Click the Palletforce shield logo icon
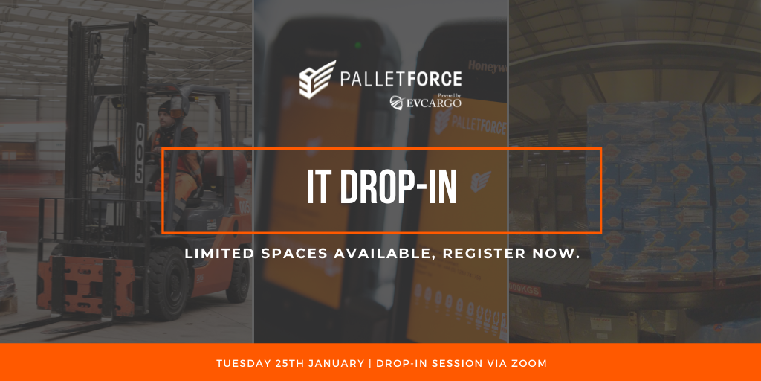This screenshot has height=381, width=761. pos(317,80)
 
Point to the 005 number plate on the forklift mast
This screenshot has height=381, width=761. pos(140,153)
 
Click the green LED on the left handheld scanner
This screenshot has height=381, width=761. pos(357,45)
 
